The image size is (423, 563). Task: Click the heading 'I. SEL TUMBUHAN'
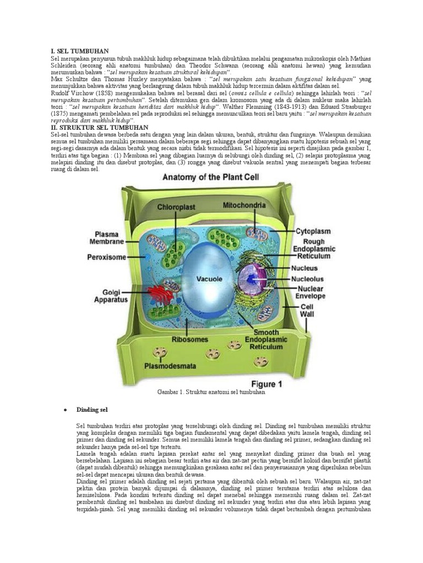coord(79,51)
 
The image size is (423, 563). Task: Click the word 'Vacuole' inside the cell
coord(209,279)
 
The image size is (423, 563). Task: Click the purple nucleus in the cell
coord(252,278)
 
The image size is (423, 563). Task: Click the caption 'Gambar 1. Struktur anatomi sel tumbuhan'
coord(211,393)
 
